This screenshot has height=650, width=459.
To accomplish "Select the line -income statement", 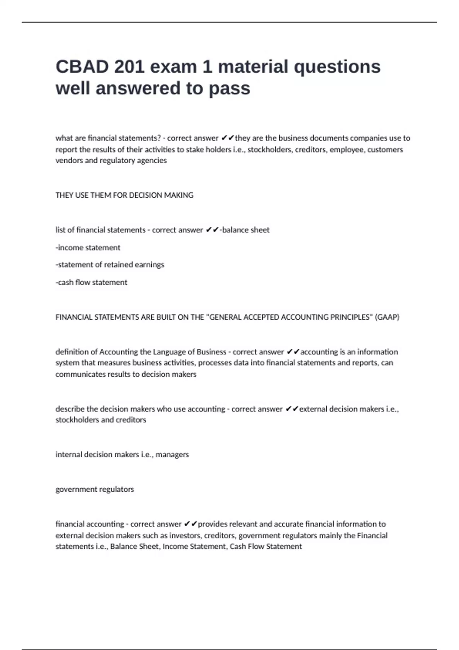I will tap(88, 248).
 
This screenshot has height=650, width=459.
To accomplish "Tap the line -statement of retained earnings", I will tap(110, 265).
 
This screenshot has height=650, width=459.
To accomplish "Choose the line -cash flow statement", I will tap(91, 283).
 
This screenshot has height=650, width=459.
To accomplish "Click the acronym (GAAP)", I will tap(387, 317).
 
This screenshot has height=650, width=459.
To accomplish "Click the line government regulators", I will tap(95, 489).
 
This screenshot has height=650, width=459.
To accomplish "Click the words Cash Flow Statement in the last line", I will tap(266, 547).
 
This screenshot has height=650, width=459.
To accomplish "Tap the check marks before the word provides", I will tap(190, 524).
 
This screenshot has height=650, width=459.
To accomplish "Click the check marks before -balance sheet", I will tap(212, 230).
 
